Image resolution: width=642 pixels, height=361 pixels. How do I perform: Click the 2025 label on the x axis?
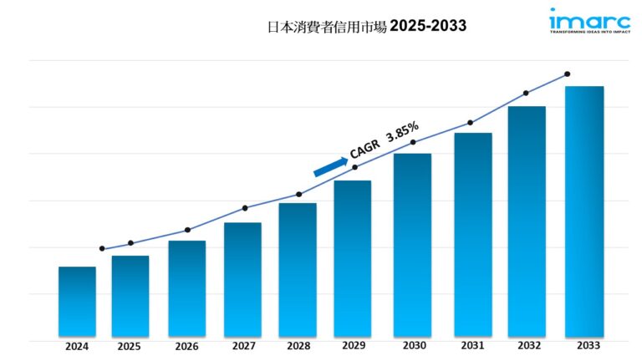130,346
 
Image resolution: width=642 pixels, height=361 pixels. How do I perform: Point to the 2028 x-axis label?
297,346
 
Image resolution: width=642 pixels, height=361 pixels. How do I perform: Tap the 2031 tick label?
473,346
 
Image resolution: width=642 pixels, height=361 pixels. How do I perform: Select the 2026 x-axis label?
186,346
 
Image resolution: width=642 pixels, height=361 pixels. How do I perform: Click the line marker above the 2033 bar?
568,74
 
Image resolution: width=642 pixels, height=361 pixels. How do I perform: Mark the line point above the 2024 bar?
102,248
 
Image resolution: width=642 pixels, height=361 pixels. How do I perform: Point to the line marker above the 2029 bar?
354,167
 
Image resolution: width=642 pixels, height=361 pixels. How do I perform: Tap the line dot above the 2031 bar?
471,123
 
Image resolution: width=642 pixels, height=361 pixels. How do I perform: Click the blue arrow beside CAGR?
330,166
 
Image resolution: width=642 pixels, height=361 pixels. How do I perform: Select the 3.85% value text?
403,131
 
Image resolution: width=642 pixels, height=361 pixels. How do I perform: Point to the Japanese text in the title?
326,26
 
